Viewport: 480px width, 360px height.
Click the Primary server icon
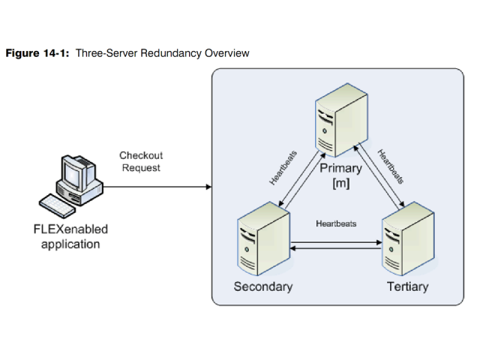[340, 121]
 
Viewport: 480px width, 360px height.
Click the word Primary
[341, 168]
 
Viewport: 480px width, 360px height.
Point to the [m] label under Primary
[340, 183]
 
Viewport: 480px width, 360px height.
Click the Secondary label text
[263, 287]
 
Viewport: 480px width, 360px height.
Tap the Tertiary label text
[407, 287]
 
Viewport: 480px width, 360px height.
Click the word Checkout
[141, 155]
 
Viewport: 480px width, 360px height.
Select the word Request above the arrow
[141, 168]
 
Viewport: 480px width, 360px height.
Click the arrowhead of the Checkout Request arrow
[208, 186]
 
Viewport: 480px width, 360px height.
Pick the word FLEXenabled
[70, 229]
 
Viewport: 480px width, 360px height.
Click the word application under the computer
[70, 244]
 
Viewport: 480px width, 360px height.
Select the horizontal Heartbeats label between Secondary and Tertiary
[336, 223]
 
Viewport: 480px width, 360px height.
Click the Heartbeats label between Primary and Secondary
[283, 168]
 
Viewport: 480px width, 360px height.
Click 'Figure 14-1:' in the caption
[37, 54]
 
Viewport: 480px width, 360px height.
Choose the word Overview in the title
[231, 54]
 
